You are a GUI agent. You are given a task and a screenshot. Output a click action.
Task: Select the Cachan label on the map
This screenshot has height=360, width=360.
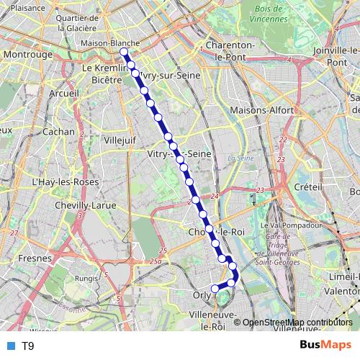pos(58,132)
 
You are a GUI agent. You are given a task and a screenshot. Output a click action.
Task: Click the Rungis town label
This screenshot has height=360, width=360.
pos(86,277)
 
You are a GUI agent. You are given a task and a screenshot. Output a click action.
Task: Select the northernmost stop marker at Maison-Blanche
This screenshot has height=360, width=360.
pos(124,52)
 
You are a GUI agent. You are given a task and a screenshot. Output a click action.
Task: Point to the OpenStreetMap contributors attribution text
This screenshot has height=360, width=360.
pos(297,322)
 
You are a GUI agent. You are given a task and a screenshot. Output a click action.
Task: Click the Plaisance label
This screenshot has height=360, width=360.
pos(26,6)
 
